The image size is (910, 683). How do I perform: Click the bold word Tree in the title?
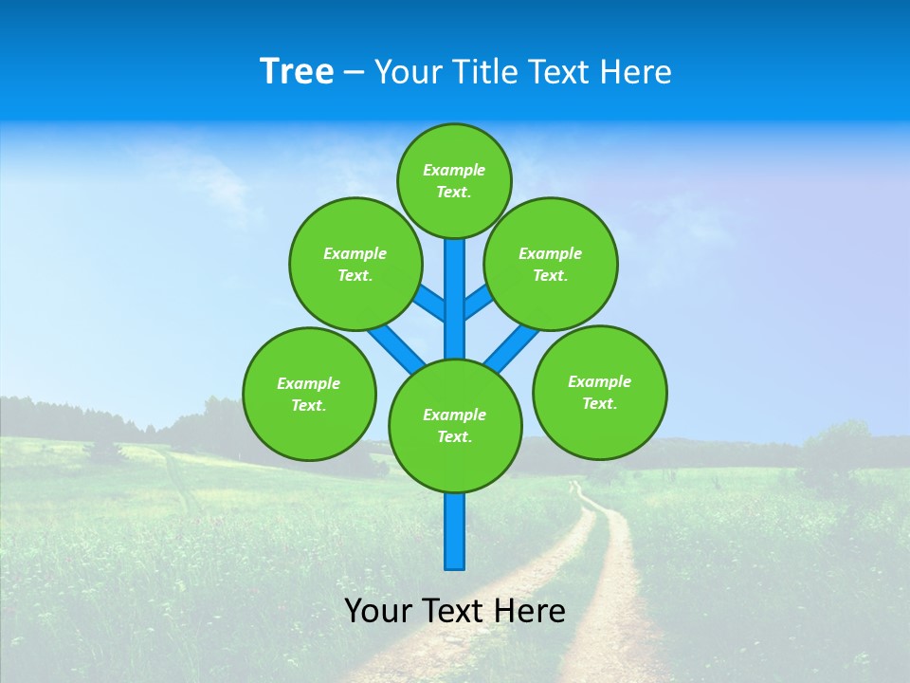(297, 72)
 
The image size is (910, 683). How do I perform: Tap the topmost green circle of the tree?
(454, 181)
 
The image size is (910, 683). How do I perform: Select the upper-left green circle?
(355, 264)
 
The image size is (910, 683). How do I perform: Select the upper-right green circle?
(551, 264)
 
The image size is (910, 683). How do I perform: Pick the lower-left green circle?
(309, 394)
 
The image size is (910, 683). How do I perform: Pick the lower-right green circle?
(600, 392)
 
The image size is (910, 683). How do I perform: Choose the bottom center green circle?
(455, 426)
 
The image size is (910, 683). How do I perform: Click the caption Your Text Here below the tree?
(455, 611)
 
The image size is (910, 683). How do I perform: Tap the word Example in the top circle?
(454, 171)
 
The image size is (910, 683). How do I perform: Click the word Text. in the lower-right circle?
(600, 403)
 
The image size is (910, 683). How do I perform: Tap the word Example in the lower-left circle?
(309, 383)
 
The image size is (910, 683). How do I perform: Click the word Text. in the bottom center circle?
(455, 437)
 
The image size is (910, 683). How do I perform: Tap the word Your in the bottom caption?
(378, 611)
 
